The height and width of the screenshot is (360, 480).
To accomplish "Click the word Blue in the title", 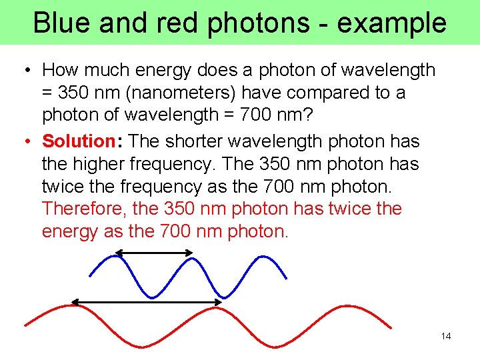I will click(61, 23).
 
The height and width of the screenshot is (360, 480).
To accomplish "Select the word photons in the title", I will click(257, 23).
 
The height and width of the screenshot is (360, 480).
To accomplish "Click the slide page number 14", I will click(446, 336).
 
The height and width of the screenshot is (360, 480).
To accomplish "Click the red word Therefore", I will click(84, 209).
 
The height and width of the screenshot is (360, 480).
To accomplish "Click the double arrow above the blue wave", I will click(154, 253).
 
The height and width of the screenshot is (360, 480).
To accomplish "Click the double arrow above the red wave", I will click(146, 302).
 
